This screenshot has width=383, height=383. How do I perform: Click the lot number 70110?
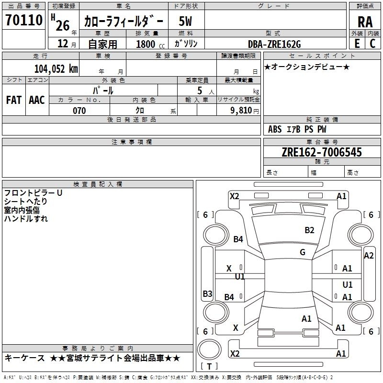coord(24,20)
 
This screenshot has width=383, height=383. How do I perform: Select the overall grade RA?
coord(365,22)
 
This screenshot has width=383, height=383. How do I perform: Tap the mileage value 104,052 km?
coord(56,69)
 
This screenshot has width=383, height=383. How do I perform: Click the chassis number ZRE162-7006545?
coord(322,152)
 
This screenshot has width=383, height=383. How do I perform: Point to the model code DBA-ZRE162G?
coord(274,44)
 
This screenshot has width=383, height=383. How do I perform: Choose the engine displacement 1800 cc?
coord(150,44)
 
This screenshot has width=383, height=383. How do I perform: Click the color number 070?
coord(79,111)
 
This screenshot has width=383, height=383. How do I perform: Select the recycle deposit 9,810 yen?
coord(245,111)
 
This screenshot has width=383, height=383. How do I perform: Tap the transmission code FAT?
coord(14,100)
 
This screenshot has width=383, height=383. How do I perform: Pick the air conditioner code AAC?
coord(37,100)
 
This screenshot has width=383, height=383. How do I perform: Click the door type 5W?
coord(185,21)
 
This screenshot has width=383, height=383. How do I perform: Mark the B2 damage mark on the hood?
coord(309,230)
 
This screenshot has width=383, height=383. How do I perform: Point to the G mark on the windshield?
coord(303,252)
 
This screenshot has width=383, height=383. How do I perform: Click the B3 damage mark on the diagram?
coord(207,293)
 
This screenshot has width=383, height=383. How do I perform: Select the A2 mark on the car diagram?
coord(369,256)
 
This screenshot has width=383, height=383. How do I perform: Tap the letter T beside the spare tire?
coord(209,366)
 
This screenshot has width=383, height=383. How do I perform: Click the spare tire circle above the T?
coord(209,349)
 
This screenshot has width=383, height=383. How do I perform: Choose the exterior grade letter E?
coord(357,44)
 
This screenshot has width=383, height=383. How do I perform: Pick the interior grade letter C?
coord(372,44)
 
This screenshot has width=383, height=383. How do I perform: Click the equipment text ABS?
coord(275,129)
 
